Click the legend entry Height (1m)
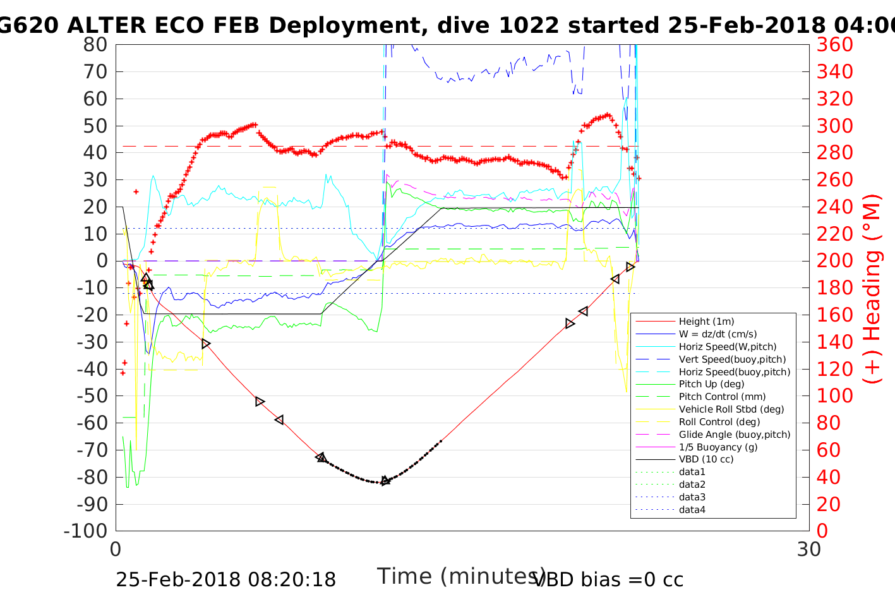click(x=706, y=322)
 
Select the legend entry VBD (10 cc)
click(x=706, y=459)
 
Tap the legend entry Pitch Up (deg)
click(x=711, y=384)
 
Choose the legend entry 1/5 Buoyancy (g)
click(x=718, y=447)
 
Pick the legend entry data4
click(x=692, y=510)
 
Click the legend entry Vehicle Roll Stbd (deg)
click(x=731, y=409)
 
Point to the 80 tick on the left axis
click(x=95, y=45)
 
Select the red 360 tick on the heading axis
click(x=834, y=45)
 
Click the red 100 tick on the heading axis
click(x=834, y=396)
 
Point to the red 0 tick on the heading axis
click(x=822, y=531)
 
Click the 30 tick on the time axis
click(x=809, y=550)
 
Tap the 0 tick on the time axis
click(x=116, y=550)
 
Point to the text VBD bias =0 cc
click(x=608, y=579)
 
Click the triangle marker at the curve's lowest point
click(x=385, y=481)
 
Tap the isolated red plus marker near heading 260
click(x=136, y=191)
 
